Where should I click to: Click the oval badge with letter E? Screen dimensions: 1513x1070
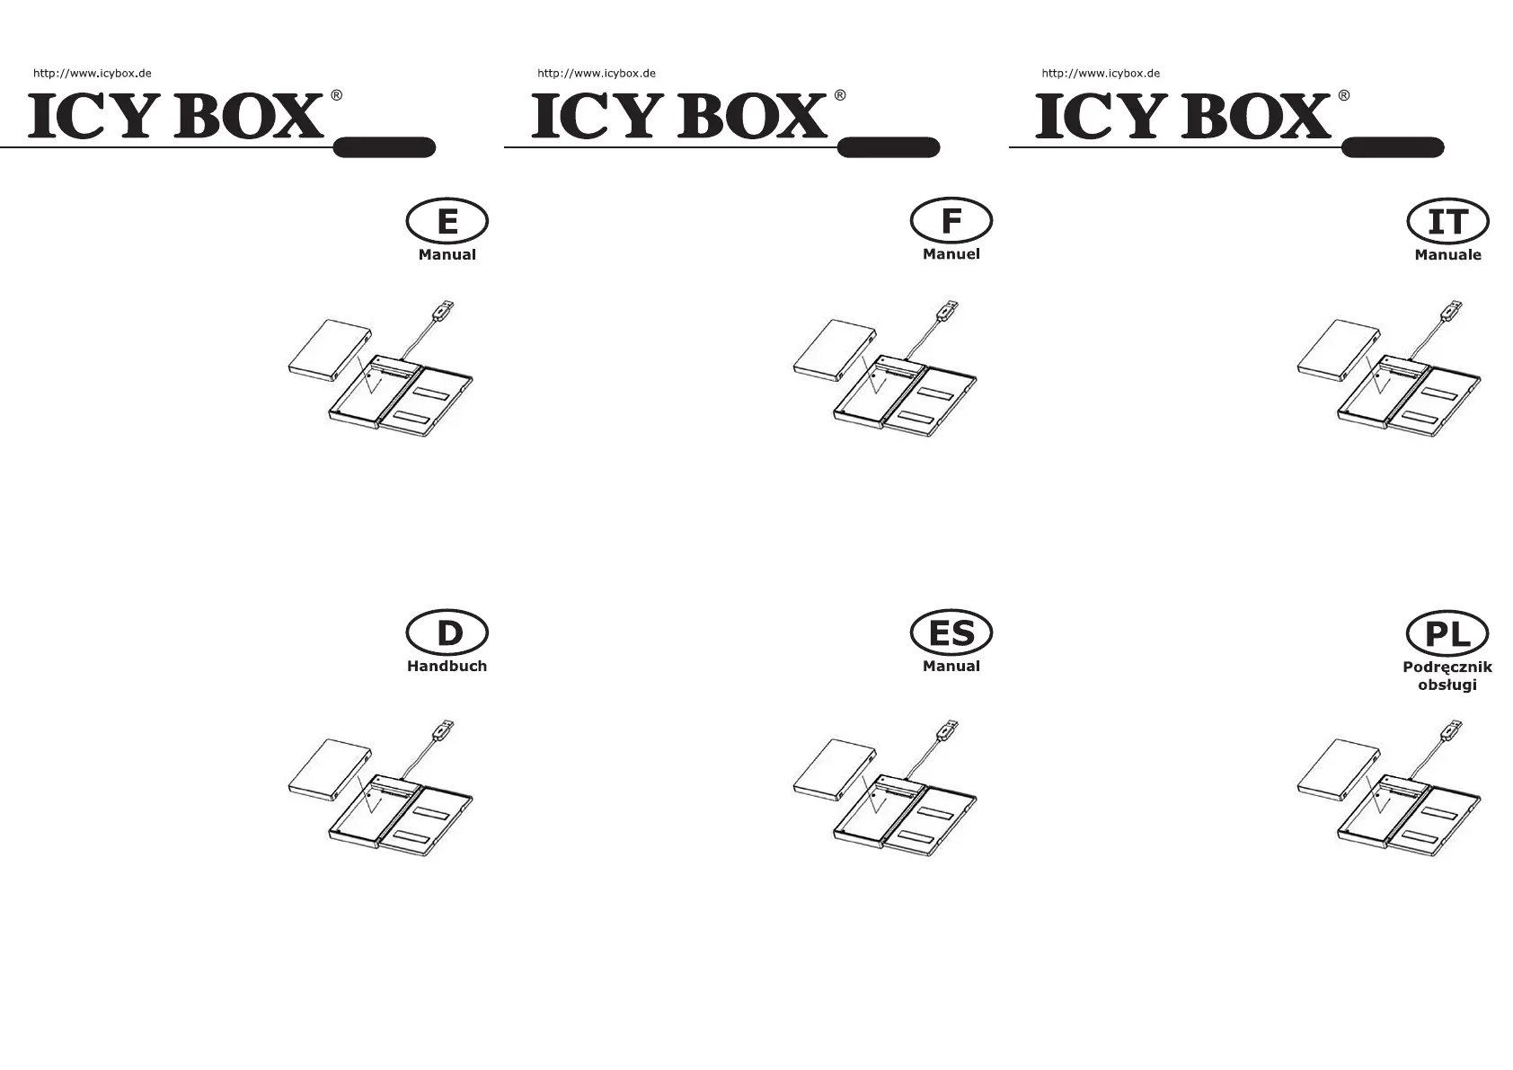pos(447,221)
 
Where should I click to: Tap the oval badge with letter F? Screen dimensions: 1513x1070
pos(951,221)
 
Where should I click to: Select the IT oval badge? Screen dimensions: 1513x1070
pos(1447,222)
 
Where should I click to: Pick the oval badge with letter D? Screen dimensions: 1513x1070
pos(447,633)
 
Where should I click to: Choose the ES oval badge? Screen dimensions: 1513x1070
pos(951,633)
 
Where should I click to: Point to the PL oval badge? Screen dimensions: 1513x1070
pos(1447,634)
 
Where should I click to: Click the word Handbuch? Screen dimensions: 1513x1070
pos(447,666)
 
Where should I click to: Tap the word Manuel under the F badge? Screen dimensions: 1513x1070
pos(951,254)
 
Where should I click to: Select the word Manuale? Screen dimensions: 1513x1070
pos(1447,255)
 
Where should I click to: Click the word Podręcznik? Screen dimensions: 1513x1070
pos(1447,667)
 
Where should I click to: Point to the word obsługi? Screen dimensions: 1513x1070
pos(1447,685)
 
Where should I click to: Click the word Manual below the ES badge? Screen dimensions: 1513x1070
pos(951,666)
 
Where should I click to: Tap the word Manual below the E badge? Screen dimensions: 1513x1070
pos(447,255)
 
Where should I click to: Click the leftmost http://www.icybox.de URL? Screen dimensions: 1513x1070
pos(93,74)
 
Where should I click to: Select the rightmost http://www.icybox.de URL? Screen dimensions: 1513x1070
pos(1101,74)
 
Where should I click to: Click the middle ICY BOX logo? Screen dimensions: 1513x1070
pos(679,117)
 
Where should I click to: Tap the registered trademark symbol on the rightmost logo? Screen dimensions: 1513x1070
pos(1343,95)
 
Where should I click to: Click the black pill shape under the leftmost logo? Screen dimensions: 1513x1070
pos(385,147)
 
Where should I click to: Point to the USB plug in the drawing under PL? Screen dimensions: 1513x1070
pos(1449,731)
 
